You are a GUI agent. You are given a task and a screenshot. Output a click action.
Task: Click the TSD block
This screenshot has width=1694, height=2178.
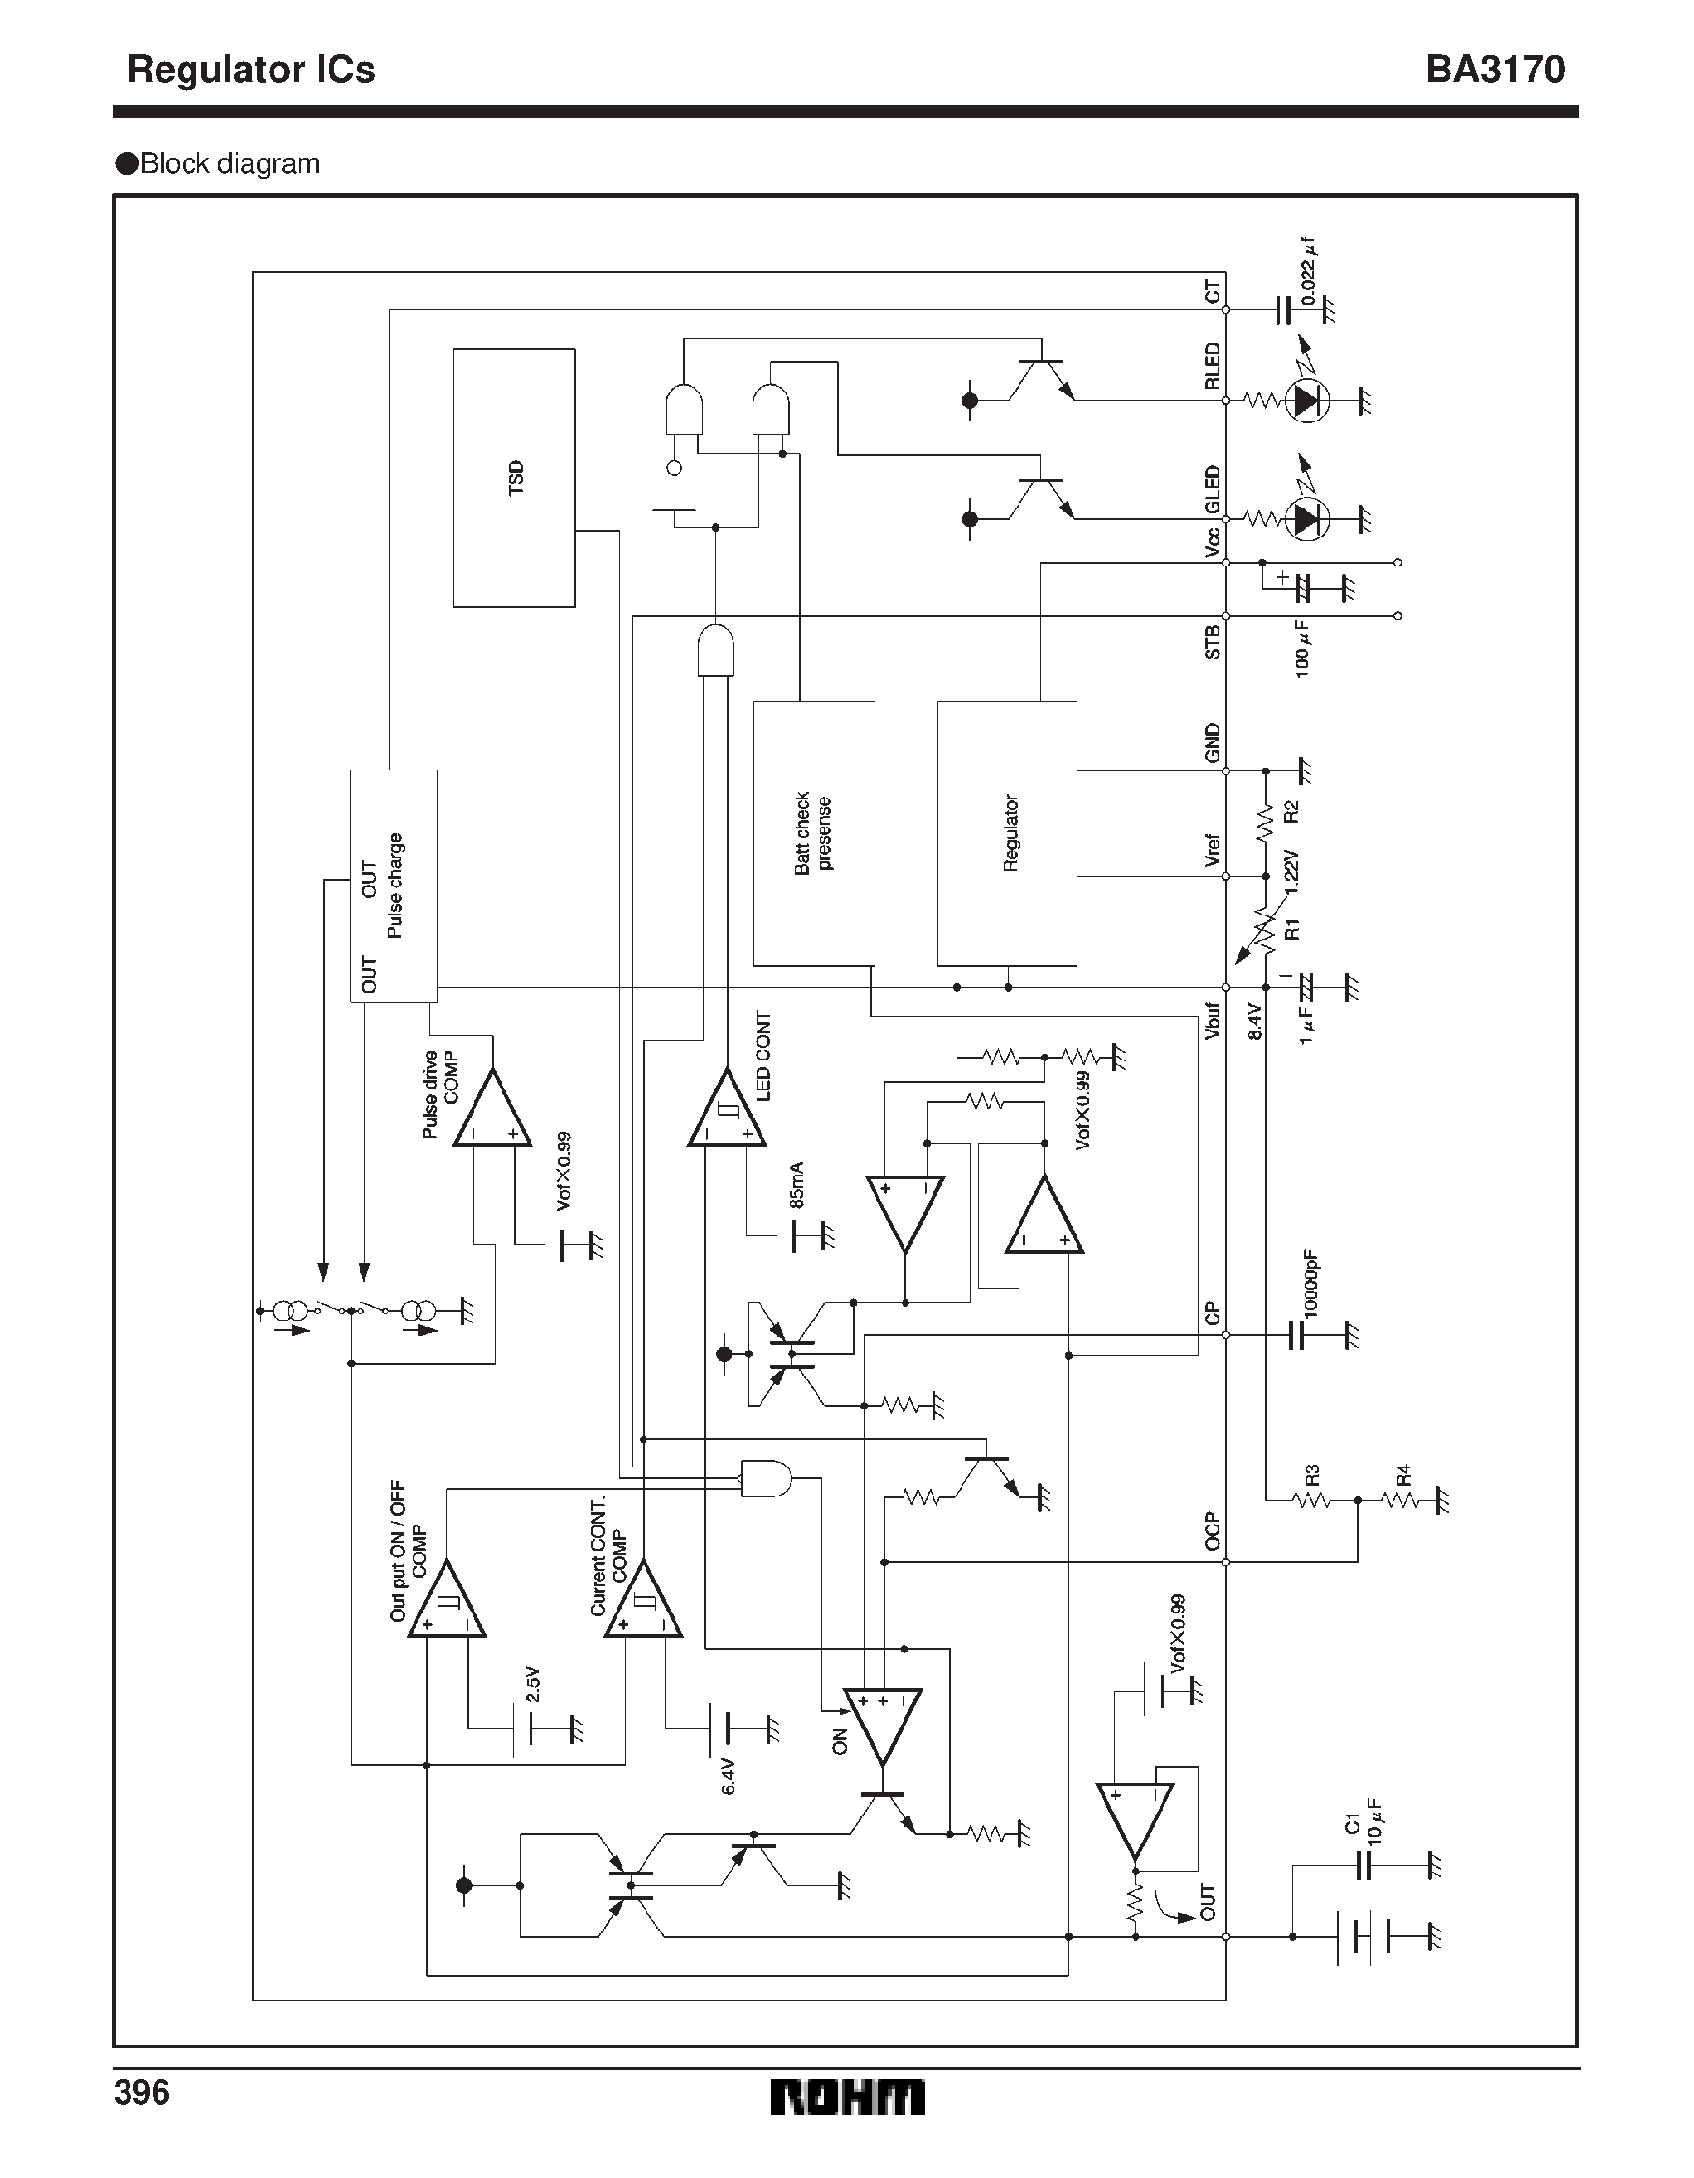click(x=513, y=478)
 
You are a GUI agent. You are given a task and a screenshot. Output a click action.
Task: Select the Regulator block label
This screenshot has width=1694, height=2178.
click(x=1010, y=832)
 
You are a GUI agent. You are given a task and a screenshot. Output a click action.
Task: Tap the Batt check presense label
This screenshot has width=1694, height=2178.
click(x=813, y=832)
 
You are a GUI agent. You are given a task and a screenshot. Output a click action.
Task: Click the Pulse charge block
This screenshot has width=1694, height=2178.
click(x=393, y=886)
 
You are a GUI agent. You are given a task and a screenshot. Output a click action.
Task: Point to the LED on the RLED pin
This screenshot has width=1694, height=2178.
click(x=1307, y=401)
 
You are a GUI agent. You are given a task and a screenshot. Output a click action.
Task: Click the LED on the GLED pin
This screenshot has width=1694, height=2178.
click(x=1307, y=518)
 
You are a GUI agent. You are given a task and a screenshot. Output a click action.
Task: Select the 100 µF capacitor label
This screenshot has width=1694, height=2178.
click(x=1303, y=649)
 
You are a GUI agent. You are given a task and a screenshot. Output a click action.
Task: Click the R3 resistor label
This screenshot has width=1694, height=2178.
click(x=1312, y=1474)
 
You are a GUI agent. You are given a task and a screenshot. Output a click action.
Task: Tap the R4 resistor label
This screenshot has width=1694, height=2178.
click(x=1403, y=1474)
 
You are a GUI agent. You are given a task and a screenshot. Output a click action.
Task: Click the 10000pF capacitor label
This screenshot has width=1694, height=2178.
click(x=1310, y=1283)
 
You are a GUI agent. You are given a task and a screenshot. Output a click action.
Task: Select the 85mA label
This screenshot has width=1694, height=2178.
click(x=796, y=1185)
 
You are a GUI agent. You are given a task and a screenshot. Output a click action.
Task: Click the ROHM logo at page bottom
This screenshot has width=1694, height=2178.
click(x=847, y=2098)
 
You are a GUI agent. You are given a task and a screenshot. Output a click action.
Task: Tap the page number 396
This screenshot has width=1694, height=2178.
click(x=142, y=2092)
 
